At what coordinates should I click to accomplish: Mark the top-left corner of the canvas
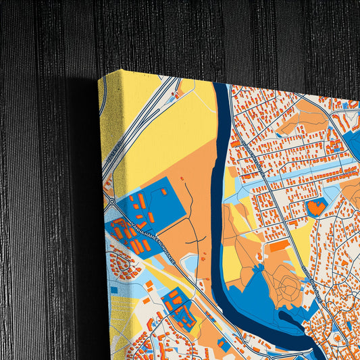pyautogui.click(x=99, y=78)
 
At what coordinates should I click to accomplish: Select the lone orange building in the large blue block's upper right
pyautogui.click(x=163, y=191)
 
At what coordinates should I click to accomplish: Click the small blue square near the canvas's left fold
pyautogui.click(x=114, y=290)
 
